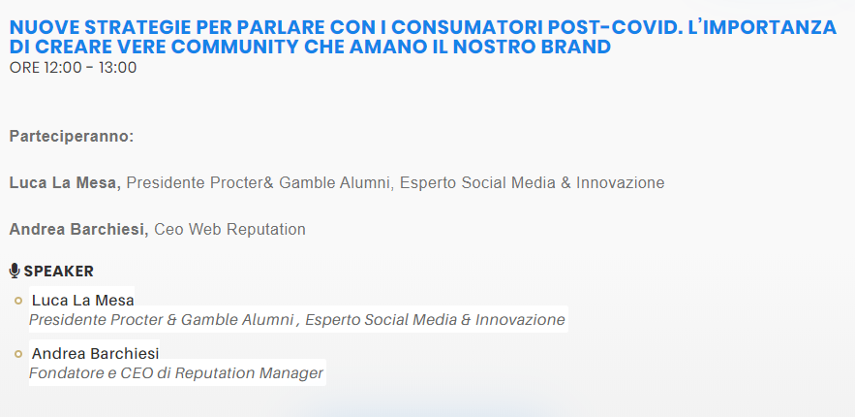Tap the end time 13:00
point(117,67)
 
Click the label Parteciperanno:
point(72,137)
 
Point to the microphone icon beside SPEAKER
point(15,271)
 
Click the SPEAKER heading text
point(59,272)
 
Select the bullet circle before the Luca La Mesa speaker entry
point(18,301)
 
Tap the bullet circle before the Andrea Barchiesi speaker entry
point(18,354)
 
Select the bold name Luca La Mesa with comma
point(65,182)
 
